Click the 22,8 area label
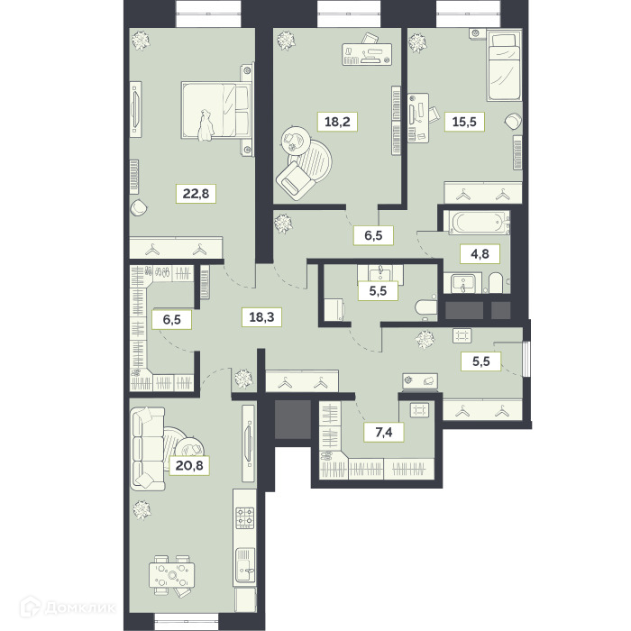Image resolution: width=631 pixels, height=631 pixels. pos(196,194)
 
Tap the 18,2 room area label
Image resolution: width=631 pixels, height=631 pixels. pos(337,121)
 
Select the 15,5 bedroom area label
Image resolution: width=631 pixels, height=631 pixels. pos(464,121)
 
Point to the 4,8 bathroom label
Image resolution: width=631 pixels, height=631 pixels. pos(480,254)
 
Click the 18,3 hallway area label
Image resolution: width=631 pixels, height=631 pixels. pos(261,317)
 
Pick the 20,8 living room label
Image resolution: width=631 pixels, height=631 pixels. pos(189,466)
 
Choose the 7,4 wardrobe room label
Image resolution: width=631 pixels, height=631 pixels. pos(384,432)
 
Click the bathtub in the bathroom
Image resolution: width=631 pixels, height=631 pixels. pos(477,223)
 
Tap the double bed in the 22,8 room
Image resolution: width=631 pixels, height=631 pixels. pos(216,111)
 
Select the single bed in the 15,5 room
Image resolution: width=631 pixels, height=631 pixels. pos(504,67)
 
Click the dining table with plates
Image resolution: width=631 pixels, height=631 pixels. pos(172,575)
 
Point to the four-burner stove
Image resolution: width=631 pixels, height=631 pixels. pos(244,517)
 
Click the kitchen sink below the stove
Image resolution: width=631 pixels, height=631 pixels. pos(244,565)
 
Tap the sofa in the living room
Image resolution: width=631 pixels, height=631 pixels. pos(148,448)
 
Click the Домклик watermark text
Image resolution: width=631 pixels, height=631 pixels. pos(79,608)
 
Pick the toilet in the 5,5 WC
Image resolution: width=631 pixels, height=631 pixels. pos(426,308)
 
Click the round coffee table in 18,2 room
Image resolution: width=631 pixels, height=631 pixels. pos(295,141)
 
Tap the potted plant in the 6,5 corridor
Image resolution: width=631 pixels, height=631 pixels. pos(283,223)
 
